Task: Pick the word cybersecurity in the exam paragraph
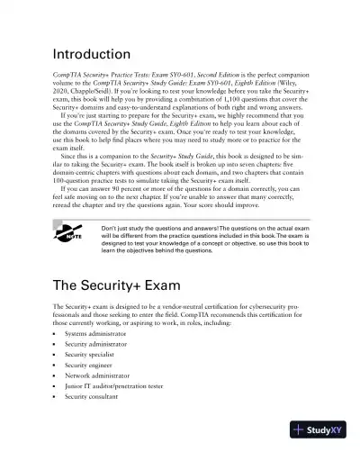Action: (x=275, y=309)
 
